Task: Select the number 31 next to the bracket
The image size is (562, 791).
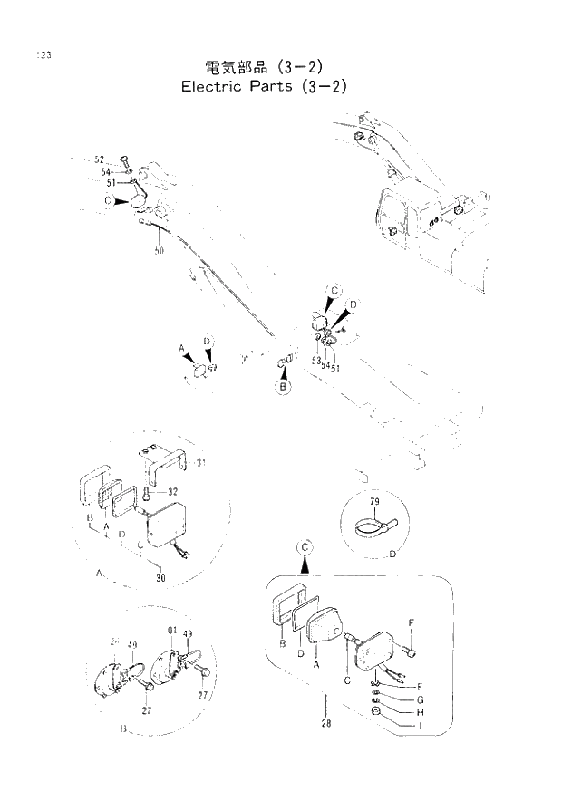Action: (201, 463)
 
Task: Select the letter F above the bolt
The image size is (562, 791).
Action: (410, 622)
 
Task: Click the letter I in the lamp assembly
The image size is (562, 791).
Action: (421, 726)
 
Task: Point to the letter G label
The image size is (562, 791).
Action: (421, 700)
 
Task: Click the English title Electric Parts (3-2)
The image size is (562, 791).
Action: (264, 87)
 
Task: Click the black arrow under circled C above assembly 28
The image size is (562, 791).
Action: (305, 564)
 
